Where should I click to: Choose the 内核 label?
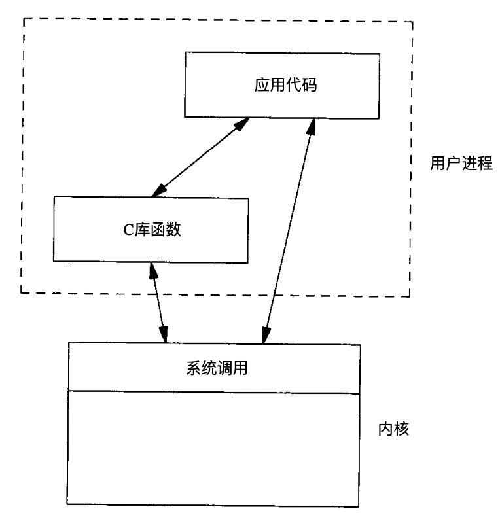tap(395, 430)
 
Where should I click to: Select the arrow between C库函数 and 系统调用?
tap(157, 301)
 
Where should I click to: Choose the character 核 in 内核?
tap(402, 430)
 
